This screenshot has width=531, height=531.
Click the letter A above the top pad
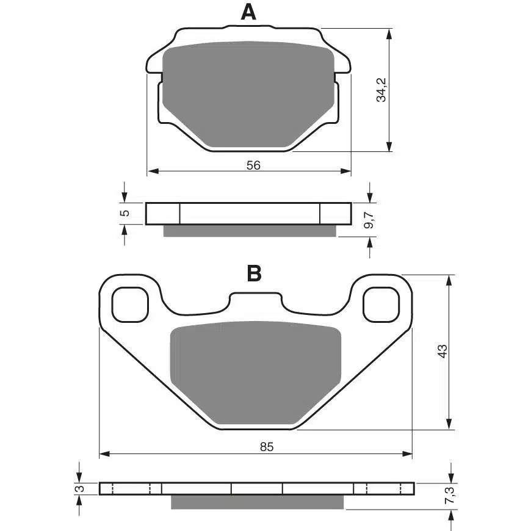click(248, 13)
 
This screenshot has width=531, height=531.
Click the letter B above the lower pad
click(255, 273)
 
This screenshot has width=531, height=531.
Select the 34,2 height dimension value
click(381, 90)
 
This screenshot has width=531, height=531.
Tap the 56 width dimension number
click(253, 165)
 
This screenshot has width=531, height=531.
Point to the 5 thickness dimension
click(125, 213)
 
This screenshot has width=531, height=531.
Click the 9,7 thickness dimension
click(369, 220)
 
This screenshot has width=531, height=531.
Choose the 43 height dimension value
click(442, 351)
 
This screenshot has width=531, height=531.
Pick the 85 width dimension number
click(267, 447)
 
